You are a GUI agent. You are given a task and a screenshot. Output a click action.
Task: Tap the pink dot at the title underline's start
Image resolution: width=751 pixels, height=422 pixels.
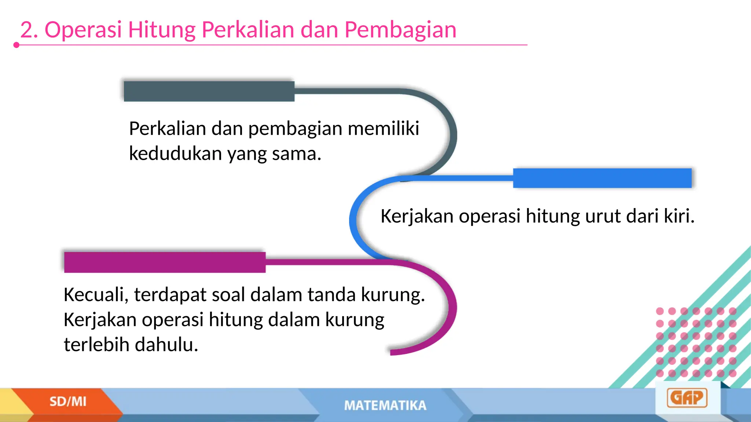pos(16,45)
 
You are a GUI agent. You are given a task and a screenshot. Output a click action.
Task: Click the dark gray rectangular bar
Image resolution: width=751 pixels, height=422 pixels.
pos(209,91)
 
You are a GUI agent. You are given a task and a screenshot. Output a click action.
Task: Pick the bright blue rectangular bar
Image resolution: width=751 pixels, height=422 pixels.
pos(602,178)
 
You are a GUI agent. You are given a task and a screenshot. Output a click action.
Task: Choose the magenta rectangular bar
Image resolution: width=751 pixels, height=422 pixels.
pos(165,262)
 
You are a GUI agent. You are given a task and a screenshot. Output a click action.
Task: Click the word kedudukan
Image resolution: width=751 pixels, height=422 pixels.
pos(175,153)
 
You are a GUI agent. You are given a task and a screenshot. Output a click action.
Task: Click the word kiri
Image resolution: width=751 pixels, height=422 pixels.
pos(679,216)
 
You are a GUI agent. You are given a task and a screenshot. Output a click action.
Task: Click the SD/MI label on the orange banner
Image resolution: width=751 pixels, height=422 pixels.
pos(68,401)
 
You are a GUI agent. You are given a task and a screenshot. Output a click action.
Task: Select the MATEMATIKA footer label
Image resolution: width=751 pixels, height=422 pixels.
pos(385,406)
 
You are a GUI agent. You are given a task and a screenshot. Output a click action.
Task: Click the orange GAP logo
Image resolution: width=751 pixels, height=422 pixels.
pos(687,398)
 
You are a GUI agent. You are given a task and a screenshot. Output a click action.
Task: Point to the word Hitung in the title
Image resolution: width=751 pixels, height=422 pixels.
pos(162,30)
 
